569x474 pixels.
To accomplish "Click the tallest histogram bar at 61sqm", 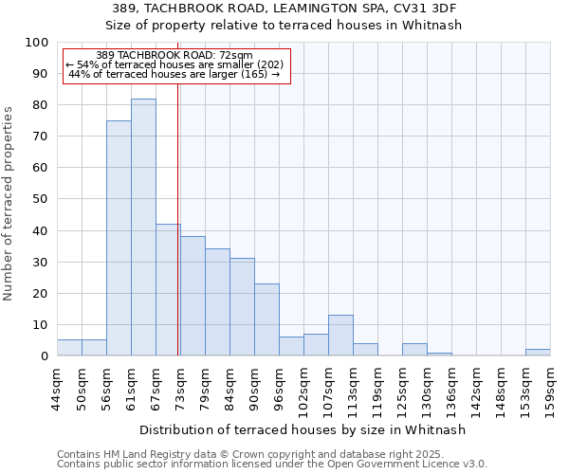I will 143,228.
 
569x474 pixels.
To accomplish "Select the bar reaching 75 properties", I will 119,238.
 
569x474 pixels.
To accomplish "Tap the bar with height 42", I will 168,290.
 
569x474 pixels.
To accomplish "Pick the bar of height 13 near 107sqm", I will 340,336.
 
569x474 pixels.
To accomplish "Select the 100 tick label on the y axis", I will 37,43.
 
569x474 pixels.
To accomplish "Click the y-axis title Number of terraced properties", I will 9,204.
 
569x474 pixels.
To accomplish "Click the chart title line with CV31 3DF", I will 284,9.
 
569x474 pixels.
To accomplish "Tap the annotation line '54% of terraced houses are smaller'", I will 175,64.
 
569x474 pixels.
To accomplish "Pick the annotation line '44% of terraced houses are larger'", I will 175,74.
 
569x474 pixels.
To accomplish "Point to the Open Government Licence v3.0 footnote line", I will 272,464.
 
